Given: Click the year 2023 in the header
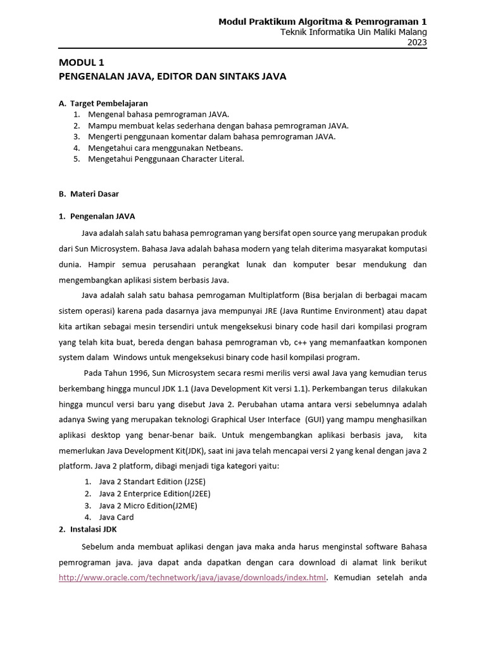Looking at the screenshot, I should tap(417, 42).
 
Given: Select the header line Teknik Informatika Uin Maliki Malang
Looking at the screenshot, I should tap(354, 32).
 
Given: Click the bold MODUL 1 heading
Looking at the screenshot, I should tap(81, 62).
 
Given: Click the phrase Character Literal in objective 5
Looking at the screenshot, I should tap(211, 159).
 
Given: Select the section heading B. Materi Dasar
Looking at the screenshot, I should tap(89, 193).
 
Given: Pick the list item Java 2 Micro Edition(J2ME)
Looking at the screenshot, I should tap(145, 505).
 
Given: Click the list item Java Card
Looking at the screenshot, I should tap(116, 517).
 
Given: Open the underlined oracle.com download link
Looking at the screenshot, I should tap(192, 577).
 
